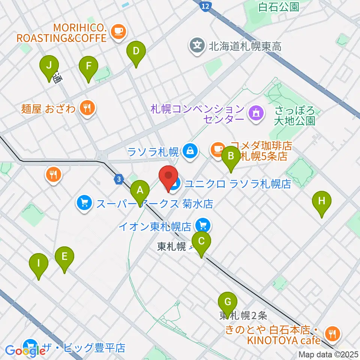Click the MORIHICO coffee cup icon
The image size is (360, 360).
point(118,32)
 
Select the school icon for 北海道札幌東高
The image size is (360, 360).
point(198,46)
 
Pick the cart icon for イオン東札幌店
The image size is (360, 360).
point(204,225)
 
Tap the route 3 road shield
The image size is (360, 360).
point(119,180)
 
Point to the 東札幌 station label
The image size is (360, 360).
point(172,247)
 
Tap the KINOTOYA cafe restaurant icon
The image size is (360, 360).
point(332,332)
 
